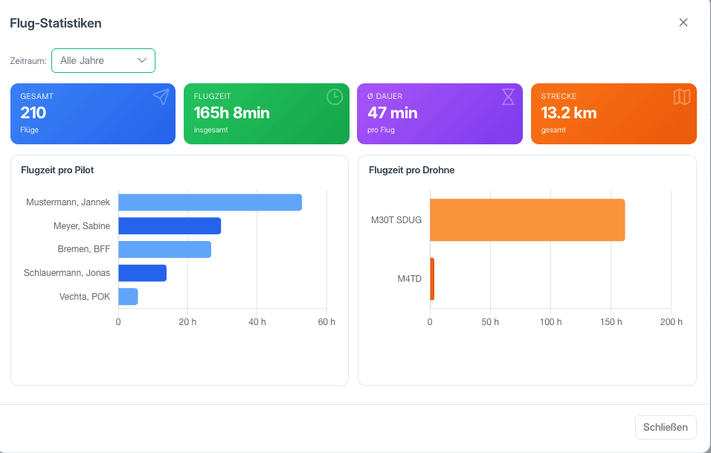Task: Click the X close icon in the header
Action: tap(683, 22)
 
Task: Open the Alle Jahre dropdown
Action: tap(103, 60)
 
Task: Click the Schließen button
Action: tap(666, 427)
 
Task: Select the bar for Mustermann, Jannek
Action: tap(210, 202)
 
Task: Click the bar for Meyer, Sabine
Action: tap(170, 226)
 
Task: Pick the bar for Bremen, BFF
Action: tap(164, 249)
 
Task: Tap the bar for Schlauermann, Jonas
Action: tap(142, 273)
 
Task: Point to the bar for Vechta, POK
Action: tap(128, 297)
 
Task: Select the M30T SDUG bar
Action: tap(527, 220)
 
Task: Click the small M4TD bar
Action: tap(432, 279)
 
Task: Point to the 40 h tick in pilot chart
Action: tap(257, 322)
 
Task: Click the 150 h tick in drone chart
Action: tap(611, 322)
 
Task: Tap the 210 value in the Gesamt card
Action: tap(33, 112)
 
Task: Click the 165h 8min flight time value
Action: tap(232, 112)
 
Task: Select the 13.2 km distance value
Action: tap(569, 112)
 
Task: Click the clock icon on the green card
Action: tap(335, 97)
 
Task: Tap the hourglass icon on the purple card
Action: tap(508, 97)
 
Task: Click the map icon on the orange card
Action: tap(682, 97)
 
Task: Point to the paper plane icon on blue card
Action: tap(161, 97)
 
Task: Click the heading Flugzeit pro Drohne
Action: tap(412, 170)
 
